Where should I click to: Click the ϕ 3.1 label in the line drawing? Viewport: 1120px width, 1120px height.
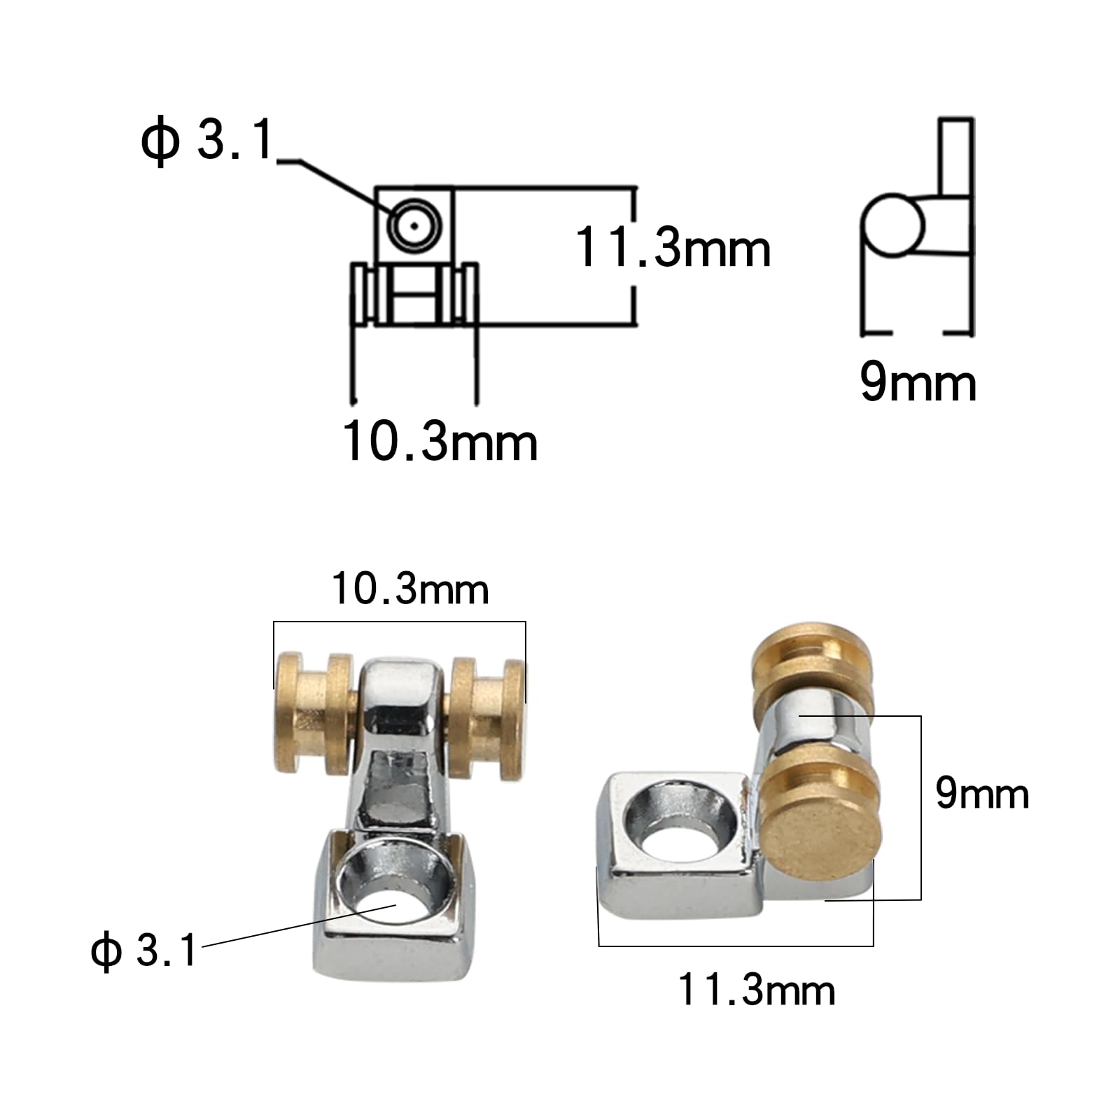point(207,141)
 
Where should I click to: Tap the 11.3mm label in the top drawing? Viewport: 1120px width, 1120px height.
point(672,248)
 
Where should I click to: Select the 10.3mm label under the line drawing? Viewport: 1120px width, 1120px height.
point(440,442)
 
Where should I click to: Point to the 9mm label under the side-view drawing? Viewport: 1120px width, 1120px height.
point(917,383)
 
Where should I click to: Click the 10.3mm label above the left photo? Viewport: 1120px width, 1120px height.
point(409,589)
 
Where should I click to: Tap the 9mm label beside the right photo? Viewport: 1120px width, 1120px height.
point(981,794)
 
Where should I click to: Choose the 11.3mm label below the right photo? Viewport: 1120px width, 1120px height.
point(756,990)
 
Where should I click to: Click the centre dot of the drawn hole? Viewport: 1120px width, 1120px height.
point(414,226)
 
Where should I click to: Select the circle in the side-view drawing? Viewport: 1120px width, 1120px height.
point(893,225)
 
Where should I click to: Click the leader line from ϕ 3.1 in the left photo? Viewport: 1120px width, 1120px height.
point(294,925)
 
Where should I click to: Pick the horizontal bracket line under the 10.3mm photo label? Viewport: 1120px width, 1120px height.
point(399,622)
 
